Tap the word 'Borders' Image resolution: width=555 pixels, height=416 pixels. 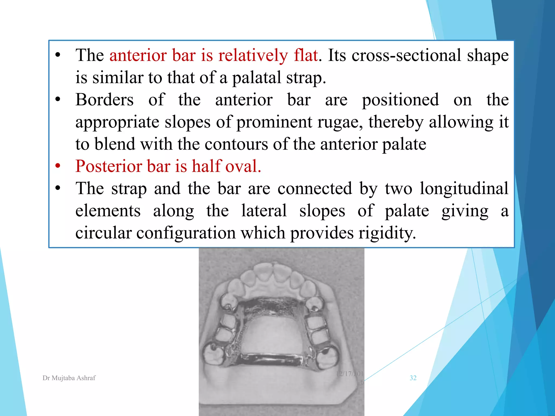(104, 100)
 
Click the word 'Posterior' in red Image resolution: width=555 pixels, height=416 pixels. (109, 166)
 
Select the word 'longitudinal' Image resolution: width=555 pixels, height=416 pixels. (464, 188)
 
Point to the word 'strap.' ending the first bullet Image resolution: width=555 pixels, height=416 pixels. (306, 78)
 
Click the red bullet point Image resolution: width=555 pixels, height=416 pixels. (58, 166)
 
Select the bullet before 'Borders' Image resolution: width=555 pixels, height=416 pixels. (58, 100)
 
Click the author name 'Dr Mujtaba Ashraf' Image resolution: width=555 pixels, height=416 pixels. (69, 378)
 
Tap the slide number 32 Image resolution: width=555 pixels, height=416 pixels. (413, 378)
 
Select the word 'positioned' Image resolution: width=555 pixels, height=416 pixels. (400, 100)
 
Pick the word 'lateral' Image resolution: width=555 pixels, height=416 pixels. (264, 211)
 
